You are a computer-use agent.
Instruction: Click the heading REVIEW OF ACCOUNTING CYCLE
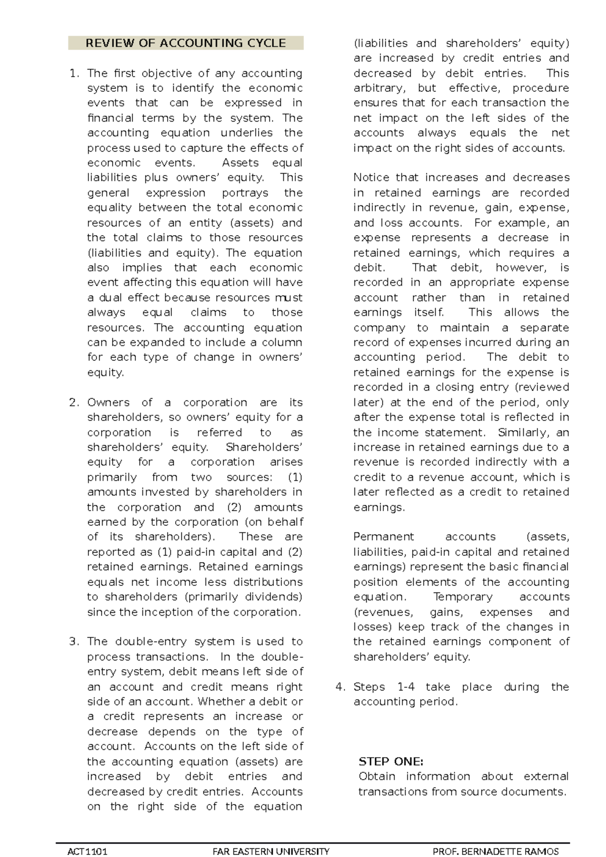pyautogui.click(x=185, y=43)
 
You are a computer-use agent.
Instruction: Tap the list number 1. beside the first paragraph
pyautogui.click(x=74, y=73)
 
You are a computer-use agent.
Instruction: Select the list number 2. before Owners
pyautogui.click(x=74, y=402)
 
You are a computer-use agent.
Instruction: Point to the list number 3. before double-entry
pyautogui.click(x=74, y=641)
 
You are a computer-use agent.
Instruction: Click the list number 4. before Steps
pyautogui.click(x=340, y=687)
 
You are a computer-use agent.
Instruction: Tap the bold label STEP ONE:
pyautogui.click(x=391, y=761)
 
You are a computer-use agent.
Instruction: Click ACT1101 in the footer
pyautogui.click(x=87, y=851)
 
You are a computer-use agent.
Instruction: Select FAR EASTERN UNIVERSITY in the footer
pyautogui.click(x=271, y=851)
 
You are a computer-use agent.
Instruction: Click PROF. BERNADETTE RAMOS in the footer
pyautogui.click(x=496, y=851)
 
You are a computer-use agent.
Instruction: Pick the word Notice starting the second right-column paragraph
pyautogui.click(x=372, y=178)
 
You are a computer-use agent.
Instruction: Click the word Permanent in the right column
pyautogui.click(x=383, y=537)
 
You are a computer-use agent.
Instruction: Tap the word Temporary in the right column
pyautogui.click(x=463, y=597)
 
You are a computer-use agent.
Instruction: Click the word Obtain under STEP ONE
pyautogui.click(x=377, y=776)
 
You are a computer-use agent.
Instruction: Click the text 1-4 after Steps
pyautogui.click(x=406, y=687)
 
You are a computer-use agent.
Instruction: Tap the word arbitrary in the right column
pyautogui.click(x=379, y=88)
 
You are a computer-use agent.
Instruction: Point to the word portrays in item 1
pyautogui.click(x=245, y=193)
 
